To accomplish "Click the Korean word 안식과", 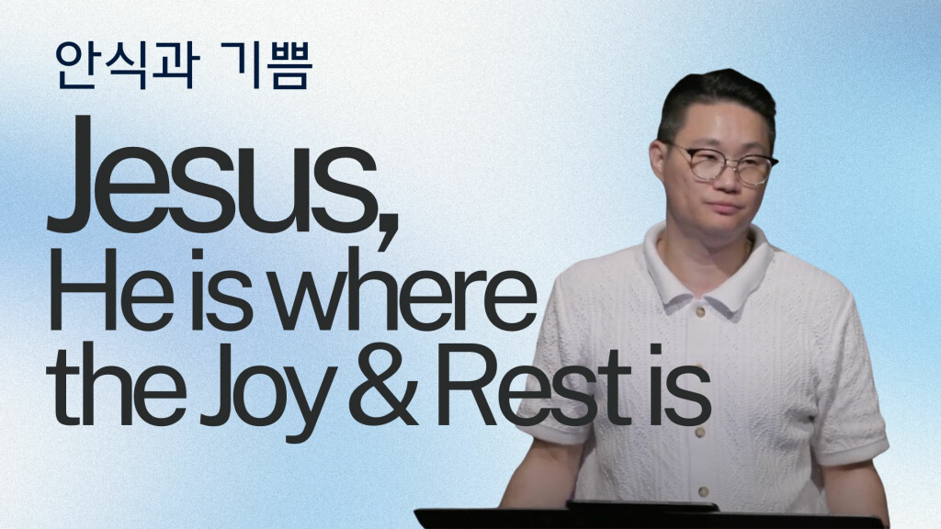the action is pyautogui.click(x=127, y=65).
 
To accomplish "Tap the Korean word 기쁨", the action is pyautogui.click(x=266, y=65).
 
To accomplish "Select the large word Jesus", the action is pyautogui.click(x=212, y=174).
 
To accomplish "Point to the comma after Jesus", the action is pyautogui.click(x=388, y=228).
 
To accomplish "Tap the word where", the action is pyautogui.click(x=402, y=289).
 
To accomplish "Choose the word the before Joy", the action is pyautogui.click(x=116, y=384).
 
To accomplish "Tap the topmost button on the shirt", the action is pyautogui.click(x=699, y=312).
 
